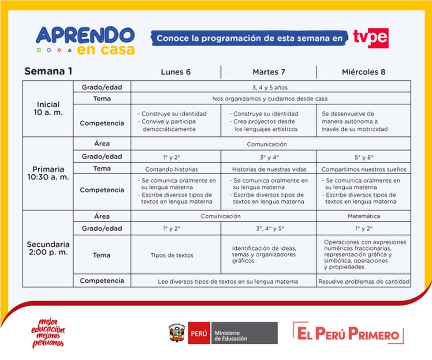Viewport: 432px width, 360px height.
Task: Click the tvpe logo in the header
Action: click(370, 38)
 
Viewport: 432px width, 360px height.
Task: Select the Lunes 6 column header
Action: click(176, 72)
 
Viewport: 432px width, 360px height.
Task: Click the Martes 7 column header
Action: click(268, 72)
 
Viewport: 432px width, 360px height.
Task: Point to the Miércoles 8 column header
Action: click(364, 72)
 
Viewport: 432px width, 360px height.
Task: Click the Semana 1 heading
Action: click(48, 71)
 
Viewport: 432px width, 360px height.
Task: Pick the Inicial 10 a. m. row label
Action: click(48, 109)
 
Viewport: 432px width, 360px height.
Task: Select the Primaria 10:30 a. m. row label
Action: click(48, 173)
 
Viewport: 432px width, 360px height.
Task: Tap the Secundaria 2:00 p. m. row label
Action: click(48, 248)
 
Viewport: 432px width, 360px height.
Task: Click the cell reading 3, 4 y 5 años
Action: click(271, 87)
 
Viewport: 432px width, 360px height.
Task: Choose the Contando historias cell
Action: click(172, 169)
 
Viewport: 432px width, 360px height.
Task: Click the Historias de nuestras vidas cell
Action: click(269, 169)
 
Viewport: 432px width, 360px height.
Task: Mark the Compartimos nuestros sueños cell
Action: click(364, 169)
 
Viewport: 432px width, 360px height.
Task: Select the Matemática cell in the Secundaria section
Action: click(364, 216)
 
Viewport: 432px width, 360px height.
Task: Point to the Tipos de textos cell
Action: click(172, 255)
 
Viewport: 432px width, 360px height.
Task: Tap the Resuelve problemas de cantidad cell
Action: click(364, 281)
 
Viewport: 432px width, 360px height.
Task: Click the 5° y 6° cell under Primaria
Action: click(364, 157)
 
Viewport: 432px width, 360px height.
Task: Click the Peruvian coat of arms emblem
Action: click(176, 333)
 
